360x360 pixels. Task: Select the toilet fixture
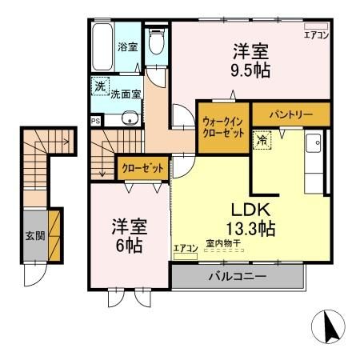click(x=157, y=44)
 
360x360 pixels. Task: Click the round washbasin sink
click(x=131, y=120)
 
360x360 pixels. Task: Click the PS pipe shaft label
click(x=95, y=122)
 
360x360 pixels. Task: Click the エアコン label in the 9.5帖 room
click(x=316, y=34)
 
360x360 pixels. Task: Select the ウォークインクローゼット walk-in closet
click(x=223, y=127)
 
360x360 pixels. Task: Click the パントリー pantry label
click(x=290, y=115)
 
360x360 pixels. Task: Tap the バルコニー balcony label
click(x=238, y=277)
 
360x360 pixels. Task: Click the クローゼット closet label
click(x=144, y=169)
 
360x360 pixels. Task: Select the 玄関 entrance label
click(x=34, y=236)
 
